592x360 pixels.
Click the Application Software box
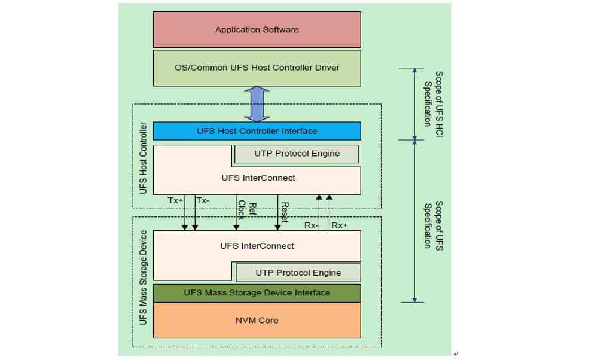pyautogui.click(x=257, y=30)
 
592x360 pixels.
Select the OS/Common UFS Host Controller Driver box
pyautogui.click(x=257, y=68)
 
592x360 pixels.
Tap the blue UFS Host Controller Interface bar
pyautogui.click(x=257, y=131)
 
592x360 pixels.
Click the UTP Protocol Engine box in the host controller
pyautogui.click(x=297, y=154)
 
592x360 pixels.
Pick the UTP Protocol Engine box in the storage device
pyautogui.click(x=298, y=273)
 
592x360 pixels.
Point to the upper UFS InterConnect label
pyautogui.click(x=258, y=178)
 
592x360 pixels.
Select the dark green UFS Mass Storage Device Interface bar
pyautogui.click(x=257, y=293)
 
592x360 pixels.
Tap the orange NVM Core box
pyautogui.click(x=257, y=321)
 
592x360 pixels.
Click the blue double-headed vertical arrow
pyautogui.click(x=257, y=104)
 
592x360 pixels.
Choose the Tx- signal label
pyautogui.click(x=203, y=201)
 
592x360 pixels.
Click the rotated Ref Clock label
pyautogui.click(x=246, y=210)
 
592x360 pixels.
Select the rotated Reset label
pyautogui.click(x=285, y=211)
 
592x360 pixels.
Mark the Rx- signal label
pyautogui.click(x=310, y=225)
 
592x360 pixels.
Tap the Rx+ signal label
pyautogui.click(x=340, y=225)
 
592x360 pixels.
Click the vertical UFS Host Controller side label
pyautogui.click(x=143, y=158)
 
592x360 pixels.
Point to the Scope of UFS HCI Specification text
pyautogui.click(x=433, y=99)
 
